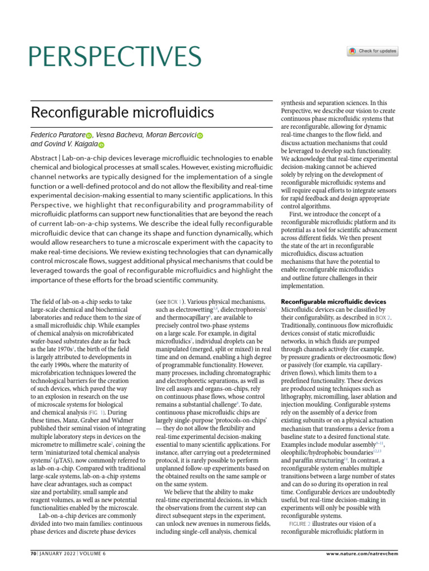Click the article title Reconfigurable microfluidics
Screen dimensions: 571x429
coord(122,113)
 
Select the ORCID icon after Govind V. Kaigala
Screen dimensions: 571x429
coord(101,146)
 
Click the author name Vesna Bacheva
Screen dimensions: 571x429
coord(118,135)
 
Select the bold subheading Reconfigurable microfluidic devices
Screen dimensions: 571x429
coord(333,302)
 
